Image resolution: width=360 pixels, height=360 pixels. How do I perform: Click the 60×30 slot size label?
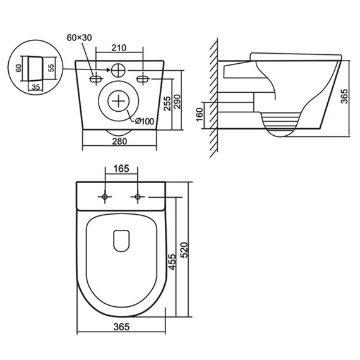(x=79, y=38)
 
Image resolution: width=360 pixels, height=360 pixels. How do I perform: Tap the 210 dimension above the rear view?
(x=119, y=48)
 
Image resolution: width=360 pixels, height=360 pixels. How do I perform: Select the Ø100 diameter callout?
(x=145, y=121)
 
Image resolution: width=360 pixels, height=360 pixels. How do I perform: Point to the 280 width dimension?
(x=119, y=141)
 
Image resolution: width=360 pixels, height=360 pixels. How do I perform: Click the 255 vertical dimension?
(x=167, y=104)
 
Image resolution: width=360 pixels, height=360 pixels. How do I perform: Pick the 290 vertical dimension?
(x=177, y=102)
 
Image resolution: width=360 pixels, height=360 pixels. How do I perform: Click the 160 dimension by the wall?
(x=200, y=114)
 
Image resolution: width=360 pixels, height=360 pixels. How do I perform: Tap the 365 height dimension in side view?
(x=344, y=96)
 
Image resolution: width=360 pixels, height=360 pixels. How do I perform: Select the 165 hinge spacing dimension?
(x=121, y=169)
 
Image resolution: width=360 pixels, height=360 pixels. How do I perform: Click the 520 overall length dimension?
(x=184, y=250)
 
